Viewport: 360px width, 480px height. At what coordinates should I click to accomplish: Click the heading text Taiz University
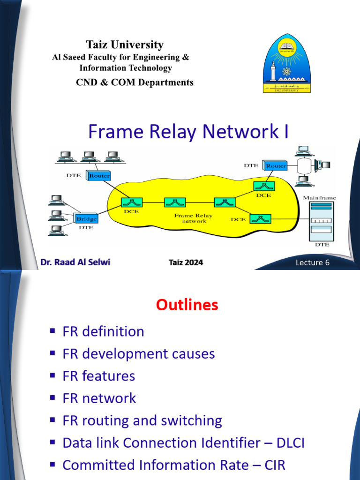[x=125, y=45]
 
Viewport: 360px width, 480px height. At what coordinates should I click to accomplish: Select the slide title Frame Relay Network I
[x=188, y=132]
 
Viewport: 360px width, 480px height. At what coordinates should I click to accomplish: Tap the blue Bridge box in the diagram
[x=87, y=218]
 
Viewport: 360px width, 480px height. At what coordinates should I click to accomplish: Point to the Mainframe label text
[x=319, y=198]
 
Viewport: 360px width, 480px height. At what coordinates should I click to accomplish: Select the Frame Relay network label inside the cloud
[x=194, y=218]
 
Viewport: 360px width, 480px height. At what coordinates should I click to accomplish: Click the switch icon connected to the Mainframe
[x=257, y=218]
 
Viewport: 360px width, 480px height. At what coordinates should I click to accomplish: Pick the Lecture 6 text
[x=312, y=262]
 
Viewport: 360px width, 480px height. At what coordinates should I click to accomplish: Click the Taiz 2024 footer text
[x=186, y=262]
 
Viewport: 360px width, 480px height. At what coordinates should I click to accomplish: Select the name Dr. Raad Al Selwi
[x=75, y=262]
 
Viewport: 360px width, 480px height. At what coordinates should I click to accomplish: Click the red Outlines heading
[x=187, y=305]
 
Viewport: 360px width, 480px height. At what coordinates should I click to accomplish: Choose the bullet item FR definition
[x=103, y=331]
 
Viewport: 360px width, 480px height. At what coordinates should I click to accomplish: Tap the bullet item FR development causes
[x=139, y=353]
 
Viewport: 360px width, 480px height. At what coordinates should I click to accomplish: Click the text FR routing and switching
[x=142, y=420]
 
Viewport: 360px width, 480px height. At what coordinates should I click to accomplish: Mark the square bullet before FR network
[x=52, y=398]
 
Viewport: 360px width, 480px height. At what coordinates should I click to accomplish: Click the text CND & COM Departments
[x=135, y=82]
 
